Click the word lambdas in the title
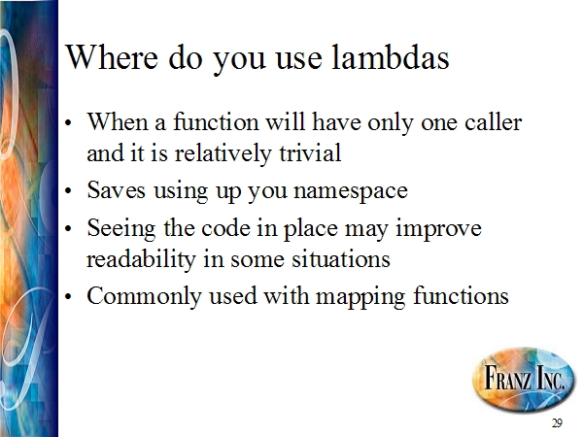click(390, 57)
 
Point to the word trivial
click(310, 152)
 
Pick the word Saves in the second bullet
click(116, 189)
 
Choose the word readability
click(141, 260)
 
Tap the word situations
click(341, 258)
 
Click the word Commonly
click(144, 297)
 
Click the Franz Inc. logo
click(523, 378)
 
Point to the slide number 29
click(557, 422)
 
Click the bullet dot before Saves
click(68, 191)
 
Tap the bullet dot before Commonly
click(68, 297)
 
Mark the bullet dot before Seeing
click(68, 229)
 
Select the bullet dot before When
click(68, 123)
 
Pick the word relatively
click(223, 153)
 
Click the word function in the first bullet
click(216, 121)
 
